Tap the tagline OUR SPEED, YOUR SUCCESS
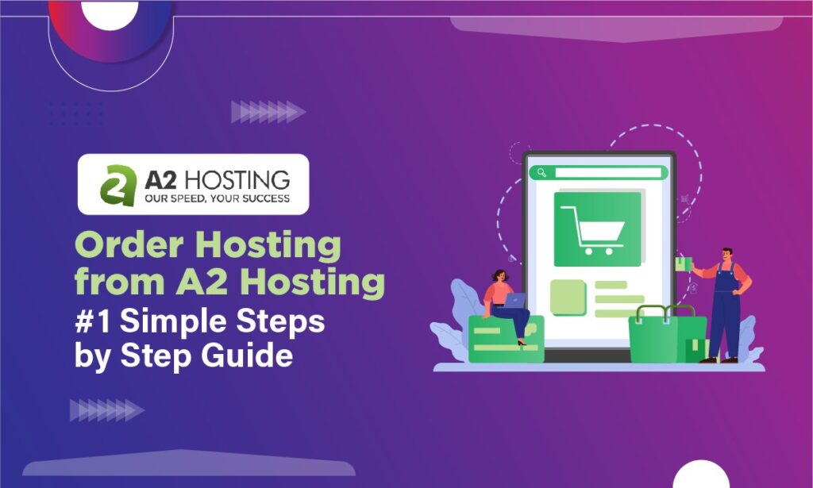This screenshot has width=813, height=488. pos(216,198)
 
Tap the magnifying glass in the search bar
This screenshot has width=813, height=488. pos(542,173)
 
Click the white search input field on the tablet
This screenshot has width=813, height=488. pos(607,173)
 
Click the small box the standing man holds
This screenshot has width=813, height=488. pos(680,265)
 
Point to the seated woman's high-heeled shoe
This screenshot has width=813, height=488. pos(522,342)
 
